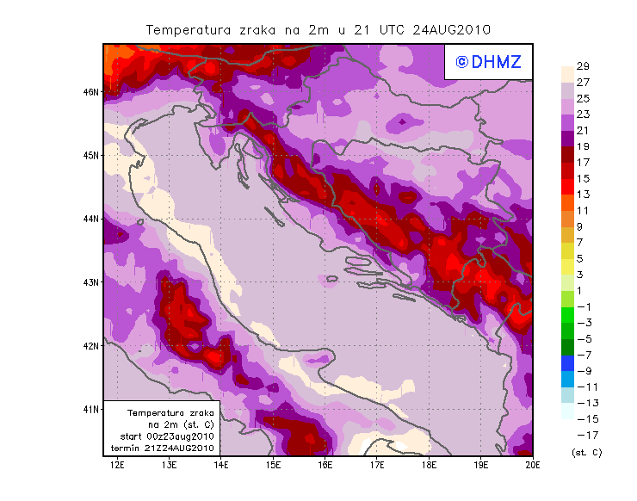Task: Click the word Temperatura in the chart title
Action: [185, 29]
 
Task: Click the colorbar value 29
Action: [583, 66]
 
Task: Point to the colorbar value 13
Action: [583, 194]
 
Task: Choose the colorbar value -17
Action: [583, 435]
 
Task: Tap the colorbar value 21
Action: [583, 130]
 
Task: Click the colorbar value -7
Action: [583, 355]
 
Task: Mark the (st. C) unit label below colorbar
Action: [586, 451]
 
